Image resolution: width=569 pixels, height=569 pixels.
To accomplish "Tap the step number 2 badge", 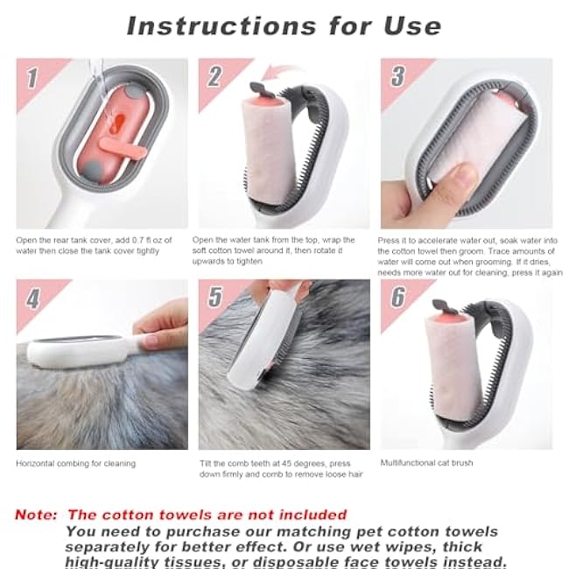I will (x=214, y=77).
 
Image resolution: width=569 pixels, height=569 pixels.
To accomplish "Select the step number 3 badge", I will (x=397, y=77).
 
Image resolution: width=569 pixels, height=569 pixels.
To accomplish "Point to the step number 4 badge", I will (x=32, y=299).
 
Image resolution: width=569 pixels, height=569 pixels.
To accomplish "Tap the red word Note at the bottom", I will (x=37, y=515).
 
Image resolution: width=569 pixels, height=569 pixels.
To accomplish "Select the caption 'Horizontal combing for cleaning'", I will (x=75, y=463).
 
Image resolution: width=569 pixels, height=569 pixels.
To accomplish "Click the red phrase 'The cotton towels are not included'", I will (x=207, y=515).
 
